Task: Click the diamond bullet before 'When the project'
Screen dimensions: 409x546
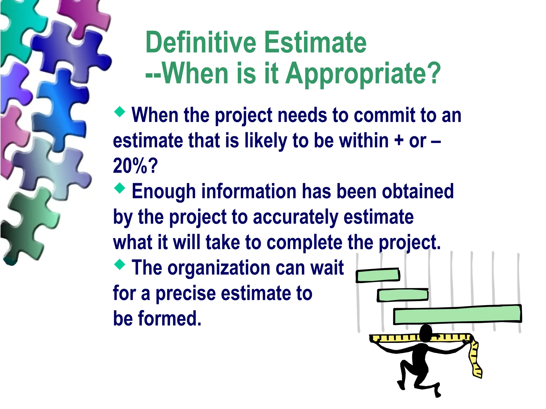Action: [x=120, y=112]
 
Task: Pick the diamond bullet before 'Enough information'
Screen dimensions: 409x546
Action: [x=120, y=188]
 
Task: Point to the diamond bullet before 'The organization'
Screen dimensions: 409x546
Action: [x=120, y=264]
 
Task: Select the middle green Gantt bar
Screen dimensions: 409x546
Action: [x=402, y=295]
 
